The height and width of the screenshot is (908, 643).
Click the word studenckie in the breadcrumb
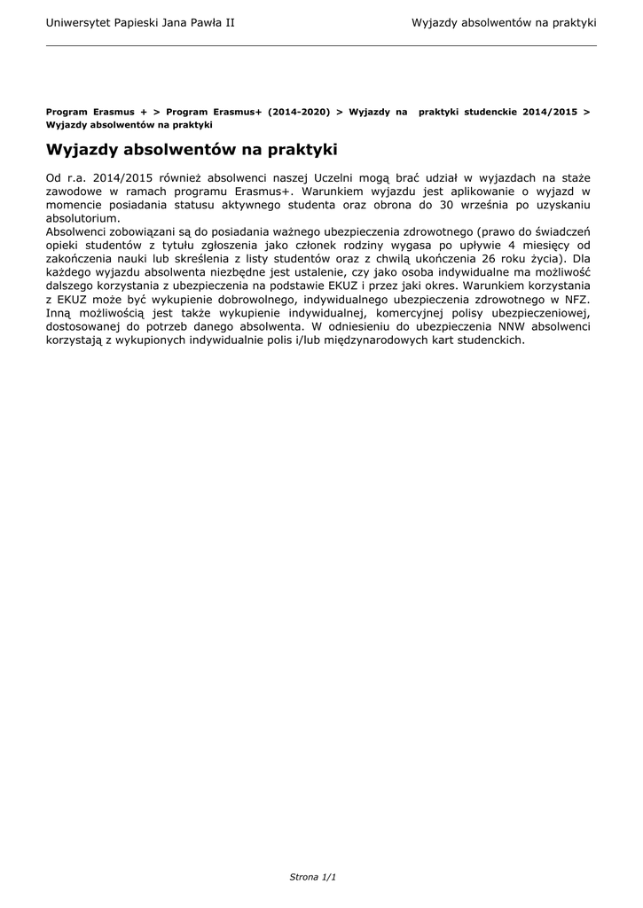pos(487,113)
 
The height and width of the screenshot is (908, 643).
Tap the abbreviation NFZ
pos(578,301)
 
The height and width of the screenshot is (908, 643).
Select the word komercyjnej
pos(411,314)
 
